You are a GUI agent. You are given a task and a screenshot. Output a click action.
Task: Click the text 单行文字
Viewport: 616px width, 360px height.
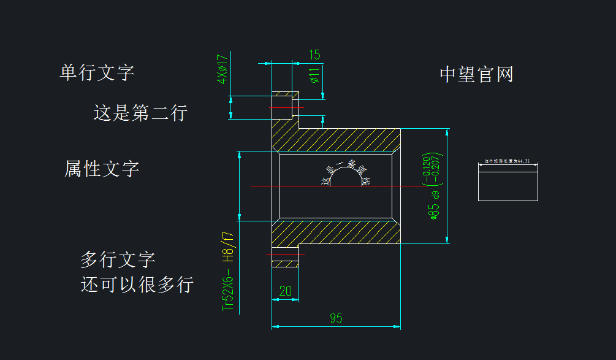click(97, 72)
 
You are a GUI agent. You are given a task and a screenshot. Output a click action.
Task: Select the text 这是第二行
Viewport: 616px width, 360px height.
click(140, 113)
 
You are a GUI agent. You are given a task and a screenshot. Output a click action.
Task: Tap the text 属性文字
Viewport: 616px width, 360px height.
click(102, 168)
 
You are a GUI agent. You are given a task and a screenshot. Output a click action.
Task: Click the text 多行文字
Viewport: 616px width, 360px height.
click(118, 259)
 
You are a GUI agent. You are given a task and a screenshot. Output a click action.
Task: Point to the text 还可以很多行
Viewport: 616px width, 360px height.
click(137, 285)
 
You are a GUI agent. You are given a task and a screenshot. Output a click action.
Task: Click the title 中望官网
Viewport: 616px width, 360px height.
click(476, 74)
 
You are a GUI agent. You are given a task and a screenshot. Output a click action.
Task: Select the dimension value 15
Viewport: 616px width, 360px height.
click(314, 55)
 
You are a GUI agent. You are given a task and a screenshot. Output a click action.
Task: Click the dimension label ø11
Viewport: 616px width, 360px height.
click(314, 75)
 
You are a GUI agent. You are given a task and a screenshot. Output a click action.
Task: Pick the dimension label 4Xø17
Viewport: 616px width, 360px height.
click(222, 69)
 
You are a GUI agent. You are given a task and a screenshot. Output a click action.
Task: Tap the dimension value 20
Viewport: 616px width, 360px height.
click(286, 291)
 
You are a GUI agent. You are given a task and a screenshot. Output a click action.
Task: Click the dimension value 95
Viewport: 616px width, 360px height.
click(336, 318)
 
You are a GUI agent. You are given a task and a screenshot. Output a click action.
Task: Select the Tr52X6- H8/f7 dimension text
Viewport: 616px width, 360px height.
click(227, 270)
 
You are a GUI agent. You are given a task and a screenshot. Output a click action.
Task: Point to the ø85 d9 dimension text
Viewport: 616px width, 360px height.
click(435, 205)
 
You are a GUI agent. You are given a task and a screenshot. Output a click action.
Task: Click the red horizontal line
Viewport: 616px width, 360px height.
click(285, 253)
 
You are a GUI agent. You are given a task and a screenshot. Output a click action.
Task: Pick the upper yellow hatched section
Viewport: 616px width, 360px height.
click(343, 140)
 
